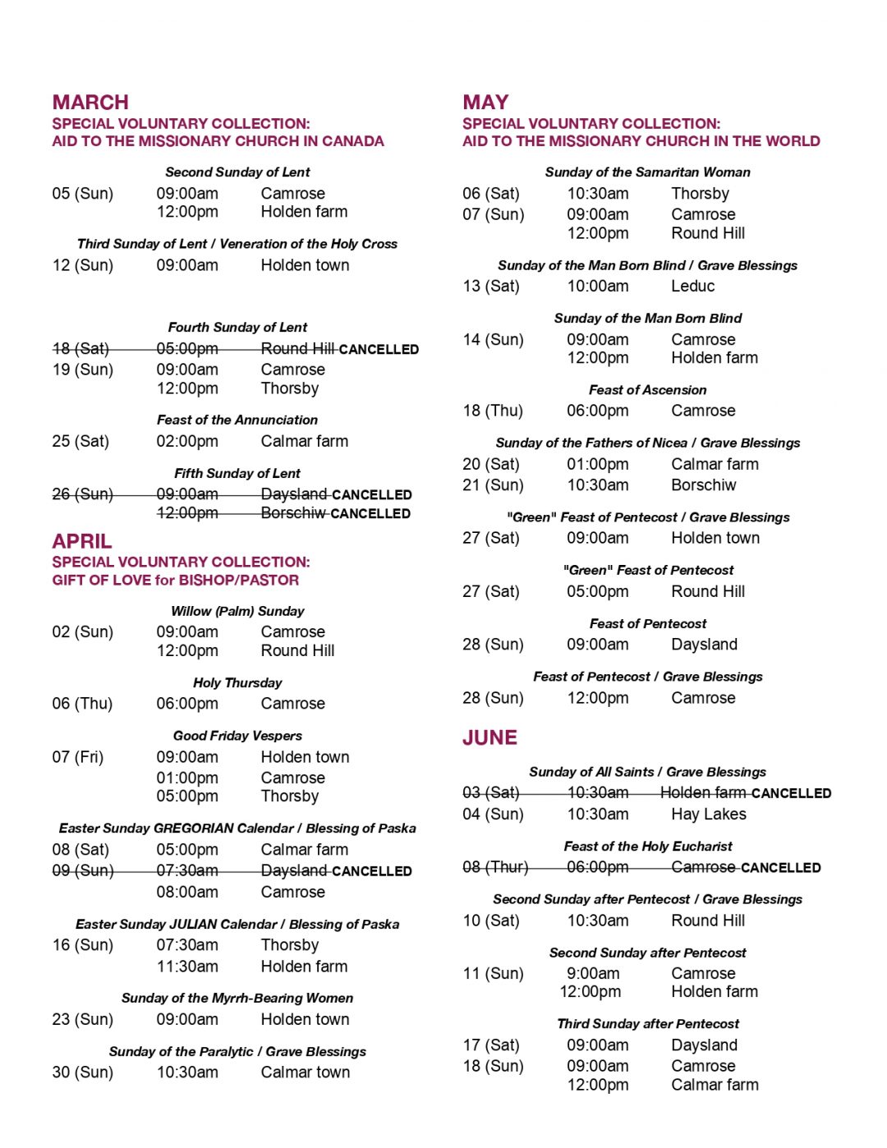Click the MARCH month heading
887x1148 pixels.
click(90, 103)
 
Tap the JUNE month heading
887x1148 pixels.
click(489, 737)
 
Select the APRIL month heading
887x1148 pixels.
click(82, 541)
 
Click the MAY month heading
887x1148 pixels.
click(485, 103)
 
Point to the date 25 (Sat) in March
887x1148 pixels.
click(80, 441)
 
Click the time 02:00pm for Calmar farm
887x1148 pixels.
click(187, 441)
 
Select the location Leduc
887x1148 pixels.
click(692, 286)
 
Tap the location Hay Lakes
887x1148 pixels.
click(708, 814)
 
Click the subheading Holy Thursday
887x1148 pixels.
click(237, 682)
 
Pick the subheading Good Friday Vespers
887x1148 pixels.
click(237, 736)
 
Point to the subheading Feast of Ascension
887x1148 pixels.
click(647, 390)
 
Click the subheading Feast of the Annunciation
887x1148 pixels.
click(237, 420)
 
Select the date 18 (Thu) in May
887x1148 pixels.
click(493, 411)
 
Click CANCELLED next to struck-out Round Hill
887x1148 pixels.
click(379, 350)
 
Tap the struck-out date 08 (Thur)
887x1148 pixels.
click(495, 867)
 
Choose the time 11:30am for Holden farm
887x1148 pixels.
click(187, 967)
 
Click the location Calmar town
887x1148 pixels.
click(305, 1072)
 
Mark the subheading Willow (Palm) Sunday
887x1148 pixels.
click(237, 611)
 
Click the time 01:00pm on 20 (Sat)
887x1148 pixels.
click(597, 464)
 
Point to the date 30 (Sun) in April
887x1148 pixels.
click(82, 1072)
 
